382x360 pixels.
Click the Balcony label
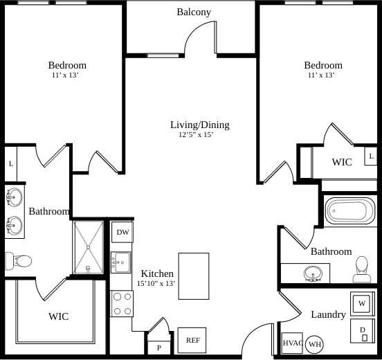pos(194,12)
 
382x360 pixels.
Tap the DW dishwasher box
pos(122,233)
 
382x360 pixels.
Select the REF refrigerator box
pos(192,340)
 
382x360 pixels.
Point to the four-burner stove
pos(122,303)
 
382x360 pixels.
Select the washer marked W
pos(362,303)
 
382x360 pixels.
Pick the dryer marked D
pos(362,332)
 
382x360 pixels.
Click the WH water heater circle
pos(315,344)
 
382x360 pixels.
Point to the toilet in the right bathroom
pos(361,269)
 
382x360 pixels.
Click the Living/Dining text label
pos(199,125)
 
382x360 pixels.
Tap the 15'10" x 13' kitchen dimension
pos(156,283)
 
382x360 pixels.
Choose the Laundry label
pos(328,314)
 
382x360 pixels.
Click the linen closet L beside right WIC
pos(371,156)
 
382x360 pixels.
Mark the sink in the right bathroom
pos(313,275)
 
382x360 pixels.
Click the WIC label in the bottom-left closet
pos(58,316)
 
